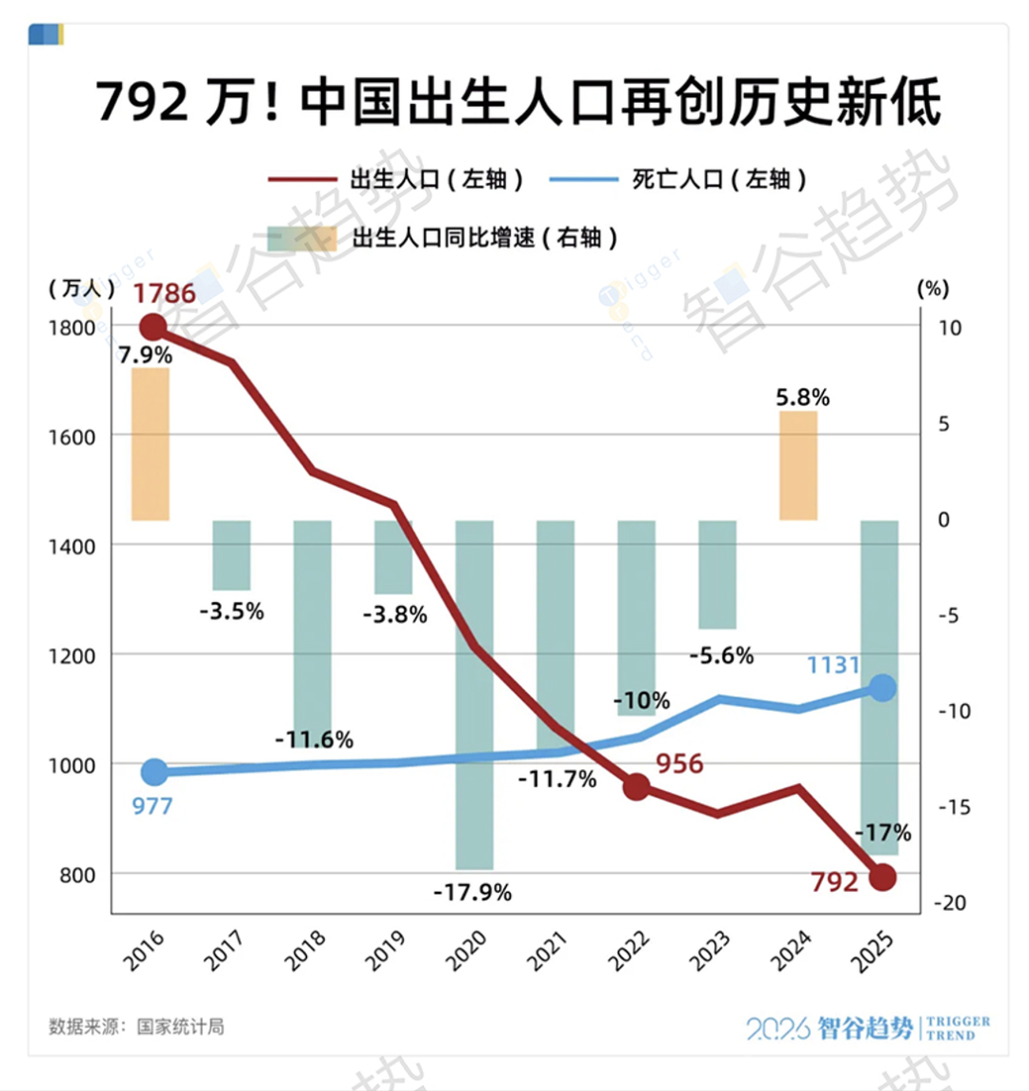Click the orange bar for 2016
coord(150,444)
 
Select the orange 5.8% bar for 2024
coord(798,465)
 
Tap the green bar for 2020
coord(474,695)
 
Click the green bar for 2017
coord(232,556)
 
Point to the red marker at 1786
coord(152,328)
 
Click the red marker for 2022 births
coord(636,787)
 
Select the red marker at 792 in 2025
coord(883,877)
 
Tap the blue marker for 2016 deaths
coord(153,772)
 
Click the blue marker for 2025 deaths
coord(883,687)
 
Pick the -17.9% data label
coord(473,893)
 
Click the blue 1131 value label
coord(833,665)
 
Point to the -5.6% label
coord(721,656)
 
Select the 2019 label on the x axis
coord(386,950)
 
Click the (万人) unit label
coord(81,289)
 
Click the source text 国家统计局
coord(181,1027)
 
